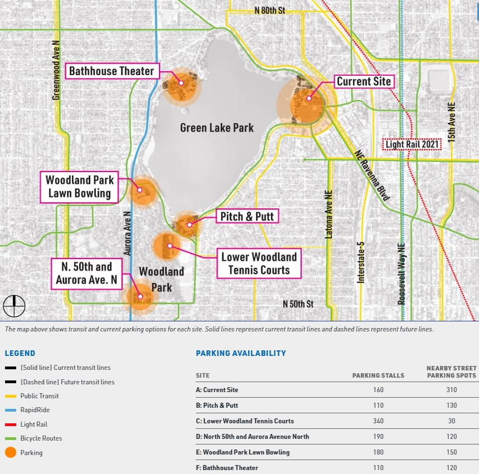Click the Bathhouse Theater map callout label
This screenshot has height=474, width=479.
tap(112, 71)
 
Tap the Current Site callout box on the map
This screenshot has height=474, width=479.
tap(364, 82)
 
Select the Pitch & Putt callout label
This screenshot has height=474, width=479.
tap(248, 216)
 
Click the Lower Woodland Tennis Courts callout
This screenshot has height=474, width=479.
tap(259, 263)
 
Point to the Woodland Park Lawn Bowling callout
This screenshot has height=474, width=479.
tap(80, 187)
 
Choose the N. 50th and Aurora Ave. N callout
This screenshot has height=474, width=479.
tap(87, 273)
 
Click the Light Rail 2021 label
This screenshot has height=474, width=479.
tap(413, 145)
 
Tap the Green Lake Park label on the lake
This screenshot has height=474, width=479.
tap(217, 128)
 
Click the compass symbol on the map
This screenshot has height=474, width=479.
tap(14, 305)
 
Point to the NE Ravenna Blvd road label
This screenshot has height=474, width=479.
tap(372, 175)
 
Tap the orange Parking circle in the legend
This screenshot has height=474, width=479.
tap(11, 453)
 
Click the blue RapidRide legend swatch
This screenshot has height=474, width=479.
tap(11, 410)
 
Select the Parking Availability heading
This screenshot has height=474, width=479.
tap(241, 353)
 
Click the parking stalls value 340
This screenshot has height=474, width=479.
tap(378, 421)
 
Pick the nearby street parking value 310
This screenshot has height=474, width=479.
tap(452, 390)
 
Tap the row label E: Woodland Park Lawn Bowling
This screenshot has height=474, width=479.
tap(243, 452)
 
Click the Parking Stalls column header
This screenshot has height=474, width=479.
tap(378, 375)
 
